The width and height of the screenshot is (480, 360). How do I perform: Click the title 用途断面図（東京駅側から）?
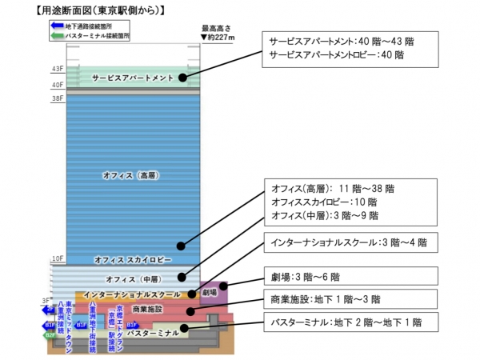point(89,10)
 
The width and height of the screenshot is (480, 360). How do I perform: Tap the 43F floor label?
point(58,70)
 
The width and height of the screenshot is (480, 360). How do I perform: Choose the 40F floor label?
point(58,85)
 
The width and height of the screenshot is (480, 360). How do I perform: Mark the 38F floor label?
point(58,98)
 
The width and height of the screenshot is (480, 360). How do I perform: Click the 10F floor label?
point(58,259)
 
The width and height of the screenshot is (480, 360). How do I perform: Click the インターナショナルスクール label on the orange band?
point(132,295)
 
